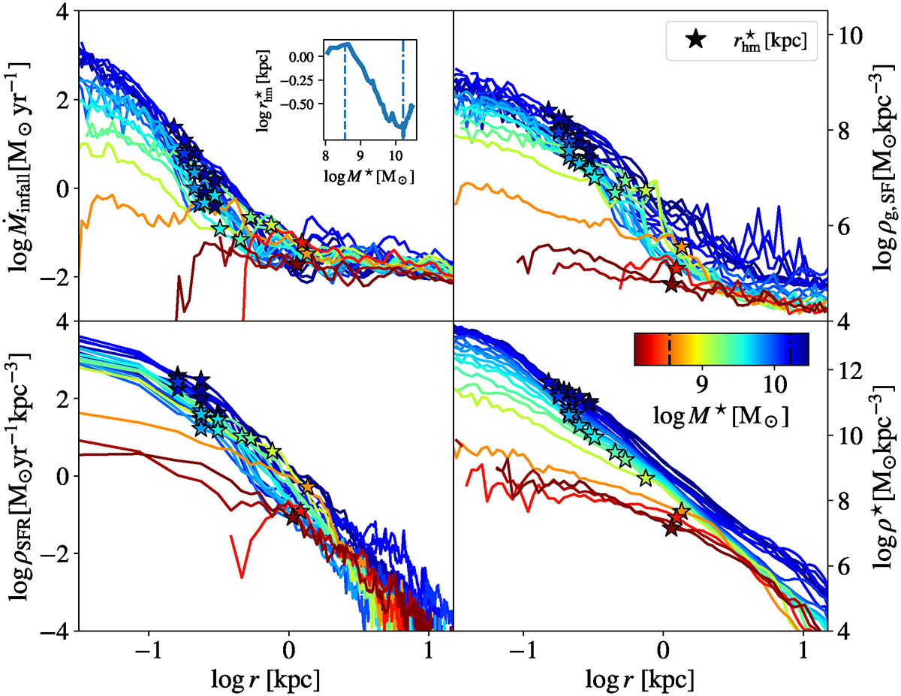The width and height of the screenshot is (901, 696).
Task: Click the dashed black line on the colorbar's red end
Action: (669, 349)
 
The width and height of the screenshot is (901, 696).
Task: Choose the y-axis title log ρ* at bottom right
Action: (880, 481)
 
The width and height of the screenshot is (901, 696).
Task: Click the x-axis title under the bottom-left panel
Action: (267, 678)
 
